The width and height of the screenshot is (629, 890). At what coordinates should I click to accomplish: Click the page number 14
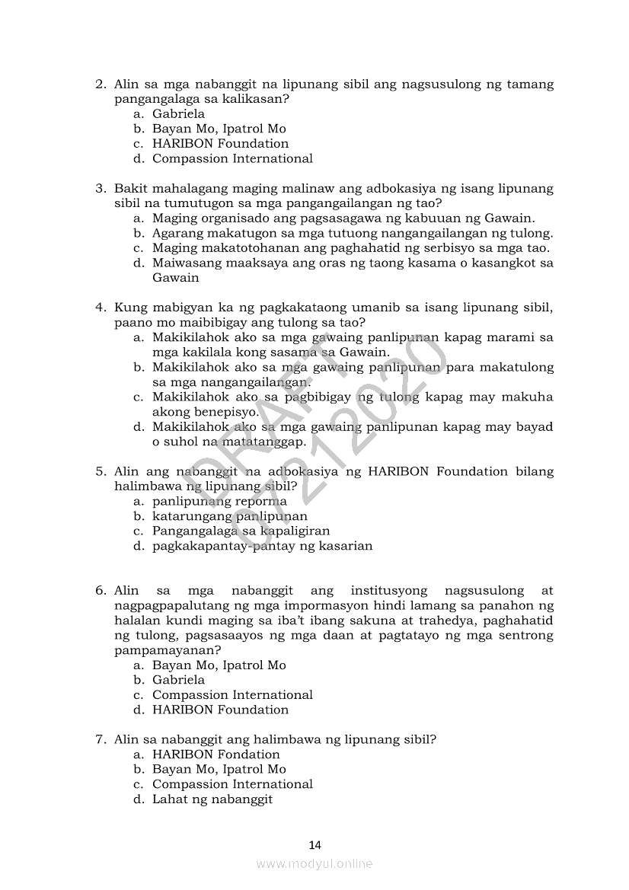click(x=314, y=844)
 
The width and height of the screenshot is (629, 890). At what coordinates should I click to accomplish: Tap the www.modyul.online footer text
click(x=314, y=863)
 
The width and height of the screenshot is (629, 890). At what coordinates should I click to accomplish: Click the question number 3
click(x=99, y=188)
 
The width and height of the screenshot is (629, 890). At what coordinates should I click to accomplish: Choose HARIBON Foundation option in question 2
click(x=220, y=144)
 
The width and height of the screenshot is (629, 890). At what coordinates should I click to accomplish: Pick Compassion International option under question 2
click(x=232, y=159)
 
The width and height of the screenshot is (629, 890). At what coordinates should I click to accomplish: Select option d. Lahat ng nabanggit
click(x=212, y=799)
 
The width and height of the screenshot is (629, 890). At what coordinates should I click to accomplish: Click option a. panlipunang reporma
click(x=219, y=502)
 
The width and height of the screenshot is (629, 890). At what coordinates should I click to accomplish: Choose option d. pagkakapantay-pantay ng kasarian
click(x=262, y=546)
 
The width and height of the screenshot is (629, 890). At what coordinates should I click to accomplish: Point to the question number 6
click(x=99, y=591)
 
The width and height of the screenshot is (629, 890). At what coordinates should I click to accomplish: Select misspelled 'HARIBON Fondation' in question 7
click(x=216, y=754)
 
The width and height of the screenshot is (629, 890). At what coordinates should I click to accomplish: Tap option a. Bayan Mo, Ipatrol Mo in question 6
click(x=219, y=665)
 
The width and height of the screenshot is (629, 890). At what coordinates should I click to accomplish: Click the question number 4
click(x=99, y=308)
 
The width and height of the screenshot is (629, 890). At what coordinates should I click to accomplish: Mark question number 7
click(x=99, y=739)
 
